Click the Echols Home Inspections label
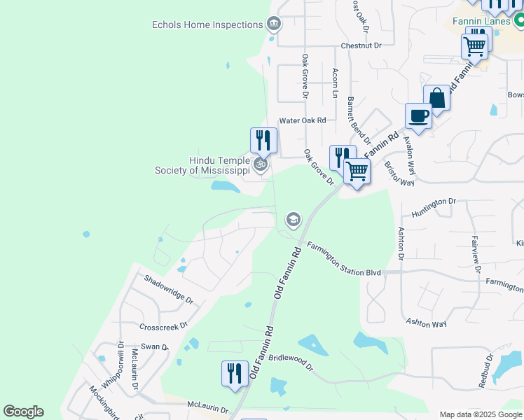(x=207, y=25)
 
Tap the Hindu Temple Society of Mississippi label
(x=202, y=165)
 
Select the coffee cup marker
(x=419, y=115)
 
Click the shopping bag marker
(x=436, y=98)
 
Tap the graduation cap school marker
(x=294, y=220)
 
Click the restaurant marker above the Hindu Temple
(x=263, y=139)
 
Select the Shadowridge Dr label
(x=168, y=288)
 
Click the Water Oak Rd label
(x=303, y=120)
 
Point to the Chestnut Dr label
(x=361, y=45)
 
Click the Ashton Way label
(x=426, y=323)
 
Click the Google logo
(x=23, y=412)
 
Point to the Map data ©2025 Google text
(x=481, y=414)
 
